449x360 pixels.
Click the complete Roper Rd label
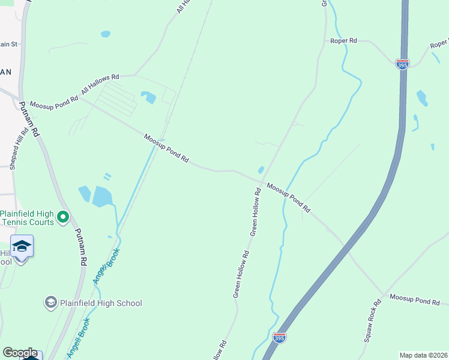344,41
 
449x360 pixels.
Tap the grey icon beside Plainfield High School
50,302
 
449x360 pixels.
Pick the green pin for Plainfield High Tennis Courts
64,217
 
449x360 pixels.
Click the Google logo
20,353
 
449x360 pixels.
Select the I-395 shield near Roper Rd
402,64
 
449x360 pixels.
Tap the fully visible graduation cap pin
22,247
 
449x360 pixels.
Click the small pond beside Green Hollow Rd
261,170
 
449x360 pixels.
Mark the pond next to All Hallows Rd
148,96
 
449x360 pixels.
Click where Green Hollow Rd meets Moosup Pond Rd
262,182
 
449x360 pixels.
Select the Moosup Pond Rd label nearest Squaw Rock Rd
415,299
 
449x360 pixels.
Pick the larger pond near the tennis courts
103,197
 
